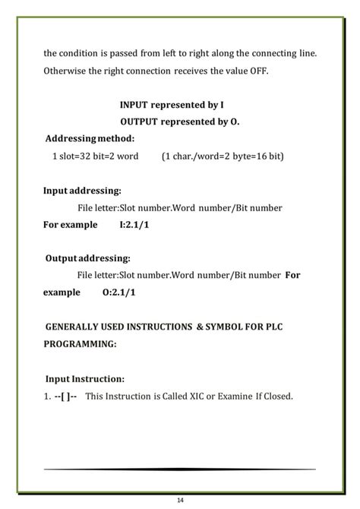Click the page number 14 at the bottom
[x=180, y=500]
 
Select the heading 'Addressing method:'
[x=90, y=138]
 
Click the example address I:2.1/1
[x=134, y=225]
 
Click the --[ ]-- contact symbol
[x=64, y=396]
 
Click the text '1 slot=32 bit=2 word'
[x=95, y=156]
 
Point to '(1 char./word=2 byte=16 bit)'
[x=223, y=156]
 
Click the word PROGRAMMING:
[x=80, y=343]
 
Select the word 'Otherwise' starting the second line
[x=65, y=71]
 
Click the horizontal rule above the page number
[x=180, y=469]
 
